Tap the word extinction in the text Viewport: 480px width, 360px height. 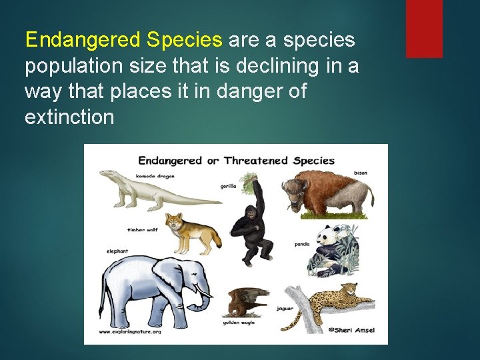(x=69, y=117)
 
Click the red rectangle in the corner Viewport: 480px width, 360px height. (x=424, y=28)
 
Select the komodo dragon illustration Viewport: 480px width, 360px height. (x=153, y=190)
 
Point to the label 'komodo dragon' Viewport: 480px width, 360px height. (x=155, y=176)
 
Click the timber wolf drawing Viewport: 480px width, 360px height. (x=193, y=233)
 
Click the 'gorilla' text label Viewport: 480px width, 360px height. (x=228, y=187)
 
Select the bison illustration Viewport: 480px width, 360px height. (x=327, y=193)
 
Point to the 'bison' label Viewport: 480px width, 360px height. (x=361, y=173)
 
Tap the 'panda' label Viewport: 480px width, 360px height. (x=302, y=245)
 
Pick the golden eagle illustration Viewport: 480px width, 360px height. (x=247, y=301)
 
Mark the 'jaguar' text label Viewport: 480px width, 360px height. (x=285, y=309)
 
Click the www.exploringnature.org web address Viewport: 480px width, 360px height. (x=130, y=331)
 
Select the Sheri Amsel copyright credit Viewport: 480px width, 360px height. (x=351, y=330)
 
